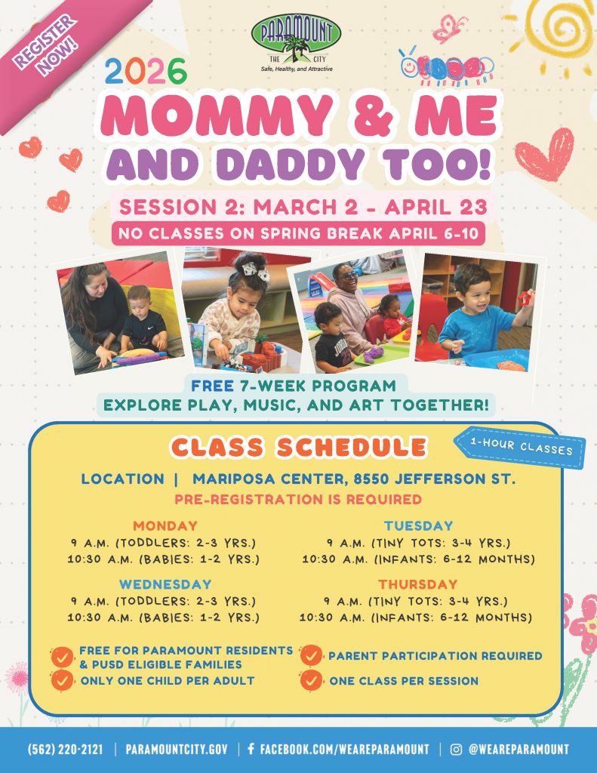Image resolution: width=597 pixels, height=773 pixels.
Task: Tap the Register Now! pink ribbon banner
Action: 48,43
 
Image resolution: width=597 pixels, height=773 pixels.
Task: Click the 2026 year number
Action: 145,72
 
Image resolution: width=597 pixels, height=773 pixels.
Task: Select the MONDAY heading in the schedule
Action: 165,526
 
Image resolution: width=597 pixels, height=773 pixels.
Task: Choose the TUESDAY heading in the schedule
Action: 418,526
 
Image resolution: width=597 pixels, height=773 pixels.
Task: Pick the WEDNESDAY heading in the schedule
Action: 165,584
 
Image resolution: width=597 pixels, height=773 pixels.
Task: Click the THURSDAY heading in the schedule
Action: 418,584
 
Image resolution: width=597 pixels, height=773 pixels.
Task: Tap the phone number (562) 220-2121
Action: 66,750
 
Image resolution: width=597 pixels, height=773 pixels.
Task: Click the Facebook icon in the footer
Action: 251,750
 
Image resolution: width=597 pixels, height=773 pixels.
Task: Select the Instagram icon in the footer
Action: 456,750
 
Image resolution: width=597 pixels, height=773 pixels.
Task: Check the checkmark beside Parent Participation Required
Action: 310,656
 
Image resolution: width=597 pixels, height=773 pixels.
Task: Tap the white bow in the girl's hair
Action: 254,269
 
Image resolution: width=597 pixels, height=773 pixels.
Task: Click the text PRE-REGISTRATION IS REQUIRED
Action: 298,499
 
